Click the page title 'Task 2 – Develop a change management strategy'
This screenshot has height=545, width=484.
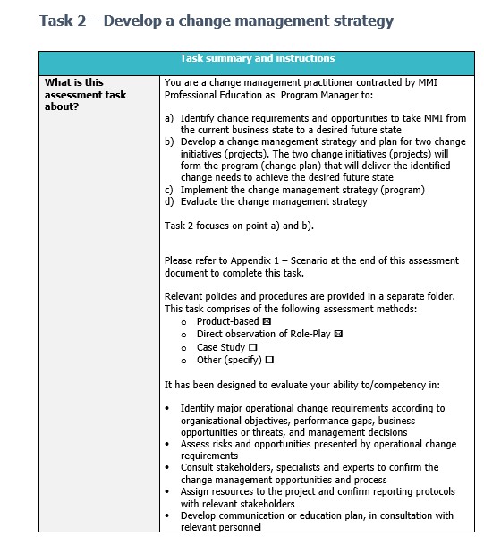pyautogui.click(x=216, y=21)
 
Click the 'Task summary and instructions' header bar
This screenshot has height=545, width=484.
pyautogui.click(x=258, y=59)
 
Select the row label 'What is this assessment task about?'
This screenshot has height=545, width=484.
pyautogui.click(x=85, y=94)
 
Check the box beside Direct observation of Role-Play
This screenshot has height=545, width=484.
pyautogui.click(x=338, y=334)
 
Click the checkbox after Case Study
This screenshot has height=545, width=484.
pyautogui.click(x=253, y=347)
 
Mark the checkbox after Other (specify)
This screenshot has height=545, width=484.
pyautogui.click(x=269, y=360)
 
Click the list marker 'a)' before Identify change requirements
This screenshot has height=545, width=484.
pyautogui.click(x=170, y=118)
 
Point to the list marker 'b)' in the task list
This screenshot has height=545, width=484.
pyautogui.click(x=170, y=142)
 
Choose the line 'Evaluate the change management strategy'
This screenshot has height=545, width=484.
pyautogui.click(x=274, y=201)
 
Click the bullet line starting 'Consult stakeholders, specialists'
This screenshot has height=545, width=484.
pyautogui.click(x=309, y=467)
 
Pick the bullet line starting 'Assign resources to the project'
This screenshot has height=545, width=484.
pyautogui.click(x=317, y=491)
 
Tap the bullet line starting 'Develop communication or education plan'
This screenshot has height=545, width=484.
pyautogui.click(x=316, y=515)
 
